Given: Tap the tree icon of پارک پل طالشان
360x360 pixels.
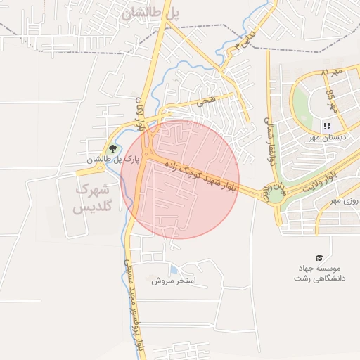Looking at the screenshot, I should [112, 148].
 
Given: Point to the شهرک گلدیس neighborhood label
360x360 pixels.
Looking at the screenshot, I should [94, 199].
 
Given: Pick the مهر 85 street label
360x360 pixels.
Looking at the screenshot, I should [332, 101].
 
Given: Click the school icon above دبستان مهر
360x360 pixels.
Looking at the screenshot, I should [326, 126].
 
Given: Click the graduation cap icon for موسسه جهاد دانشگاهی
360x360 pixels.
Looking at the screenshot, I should [319, 257].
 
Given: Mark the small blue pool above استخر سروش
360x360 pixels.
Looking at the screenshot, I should [173, 270].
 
